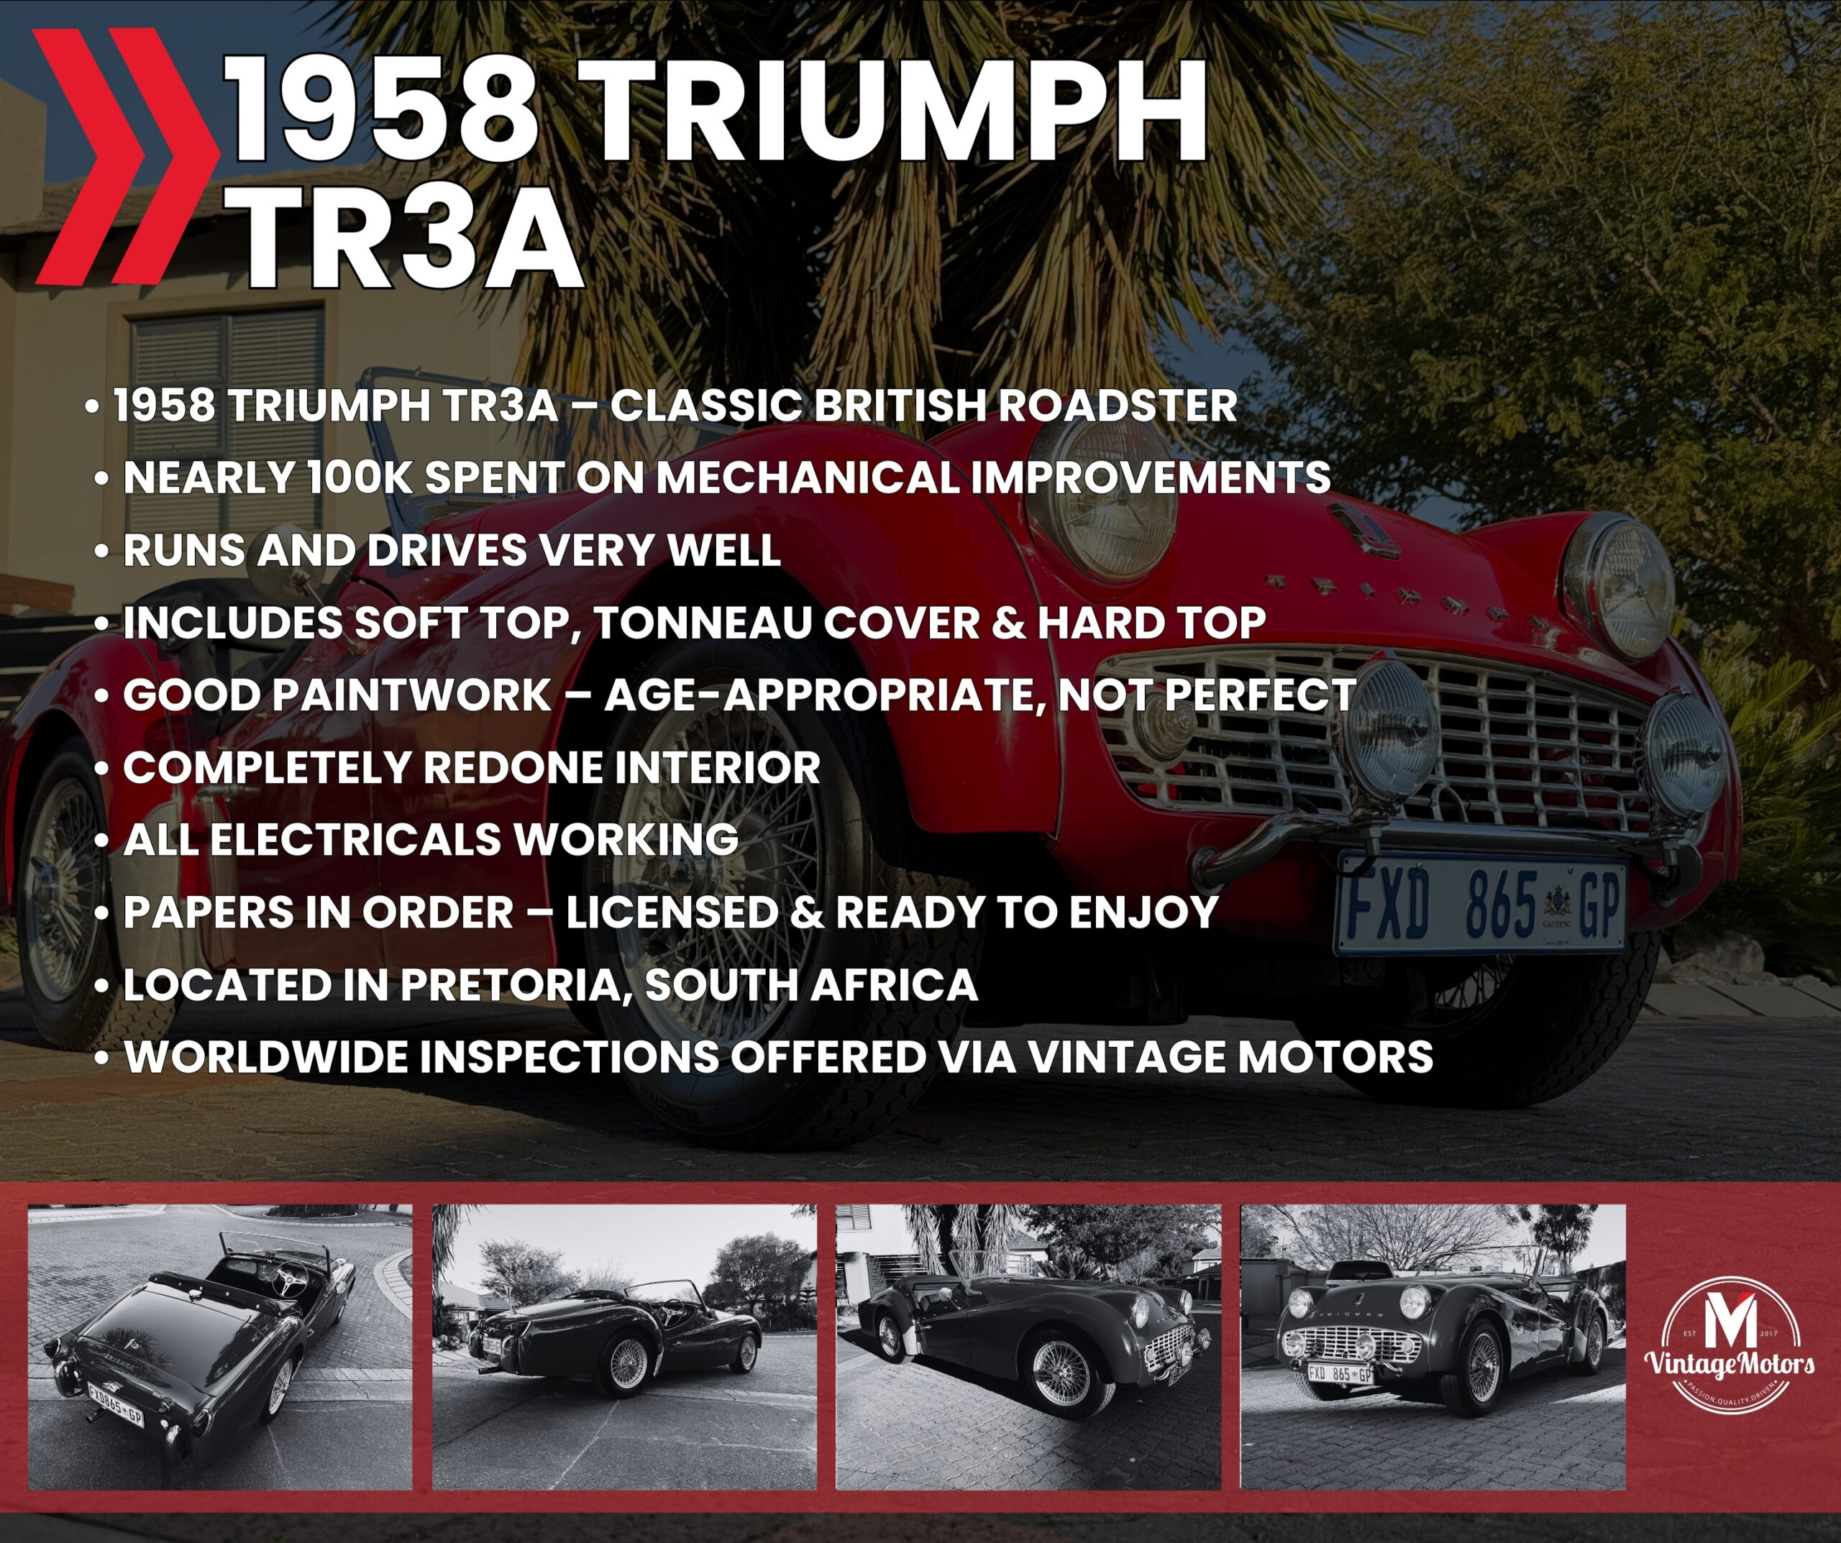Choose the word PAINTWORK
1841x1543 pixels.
(337, 695)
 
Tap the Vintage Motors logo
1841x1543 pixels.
(1730, 1346)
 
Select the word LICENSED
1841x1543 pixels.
(671, 912)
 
